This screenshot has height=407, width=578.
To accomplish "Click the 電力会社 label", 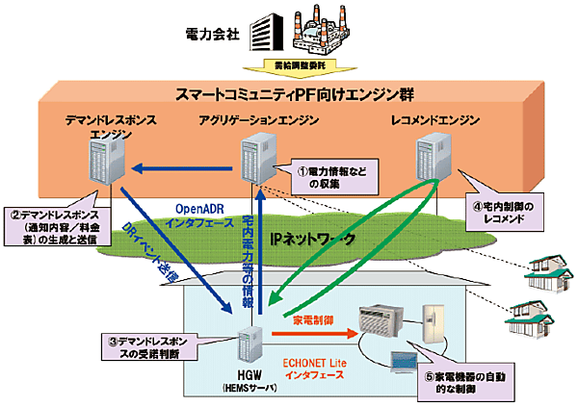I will (213, 37).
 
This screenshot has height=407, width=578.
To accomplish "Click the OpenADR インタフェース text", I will (200, 215).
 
